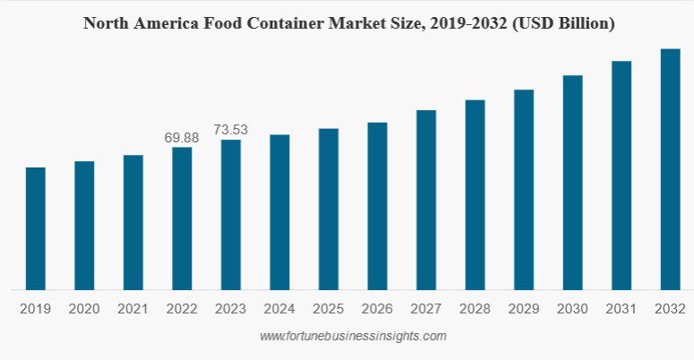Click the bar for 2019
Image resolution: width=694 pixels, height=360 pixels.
(x=36, y=228)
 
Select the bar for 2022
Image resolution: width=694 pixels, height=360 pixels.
(x=182, y=219)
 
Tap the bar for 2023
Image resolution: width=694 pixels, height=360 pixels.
(x=231, y=215)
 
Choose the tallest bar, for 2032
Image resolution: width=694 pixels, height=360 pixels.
(x=670, y=169)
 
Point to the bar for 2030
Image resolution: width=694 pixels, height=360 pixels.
(x=572, y=183)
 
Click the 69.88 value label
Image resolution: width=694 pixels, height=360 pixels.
(x=182, y=137)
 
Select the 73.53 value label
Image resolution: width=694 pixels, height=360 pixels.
(x=230, y=130)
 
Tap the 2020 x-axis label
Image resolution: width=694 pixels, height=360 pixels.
(x=84, y=308)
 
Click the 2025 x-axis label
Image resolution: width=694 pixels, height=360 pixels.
(x=329, y=308)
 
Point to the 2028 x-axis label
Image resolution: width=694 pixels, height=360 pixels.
(x=475, y=308)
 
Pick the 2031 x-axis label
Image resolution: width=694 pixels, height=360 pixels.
(x=621, y=308)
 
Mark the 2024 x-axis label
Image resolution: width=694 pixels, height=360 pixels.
(x=279, y=308)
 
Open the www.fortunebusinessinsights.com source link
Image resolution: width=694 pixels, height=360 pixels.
(x=352, y=337)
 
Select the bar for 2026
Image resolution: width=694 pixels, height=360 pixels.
(x=377, y=206)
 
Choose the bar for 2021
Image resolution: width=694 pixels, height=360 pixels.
(x=133, y=222)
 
